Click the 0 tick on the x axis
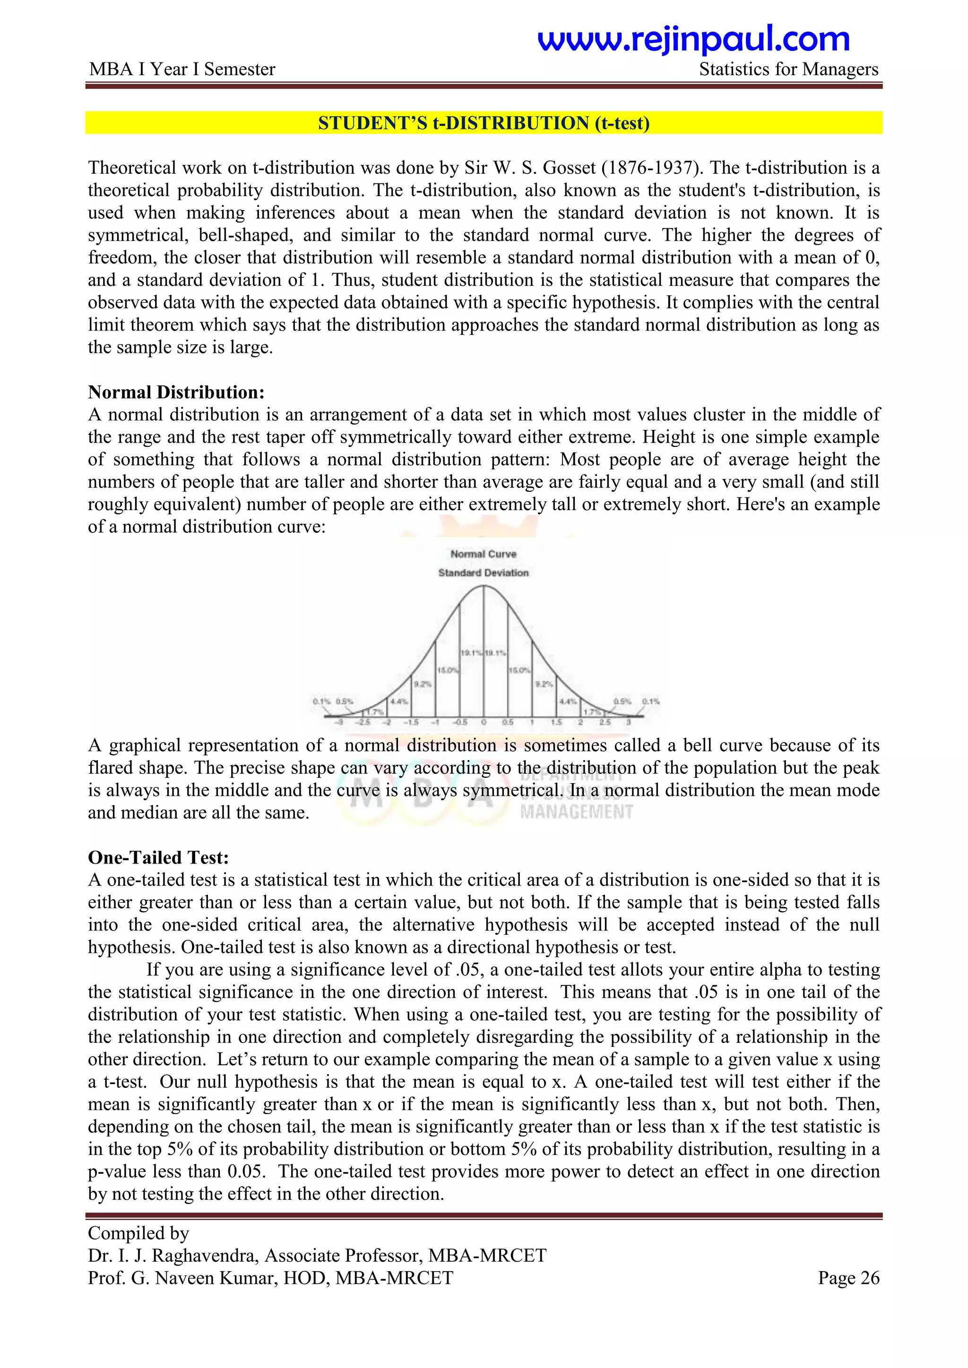point(484,722)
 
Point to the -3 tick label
point(339,722)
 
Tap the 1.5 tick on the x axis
point(556,722)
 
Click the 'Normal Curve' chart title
point(484,554)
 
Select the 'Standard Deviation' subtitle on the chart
point(484,573)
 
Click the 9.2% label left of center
point(423,684)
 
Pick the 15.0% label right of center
point(519,670)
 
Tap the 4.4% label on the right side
point(568,701)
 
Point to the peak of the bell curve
point(484,586)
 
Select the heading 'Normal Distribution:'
point(176,392)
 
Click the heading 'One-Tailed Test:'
point(158,857)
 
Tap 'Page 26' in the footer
point(848,1278)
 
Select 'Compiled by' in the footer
point(138,1233)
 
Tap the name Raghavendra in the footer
point(206,1256)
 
